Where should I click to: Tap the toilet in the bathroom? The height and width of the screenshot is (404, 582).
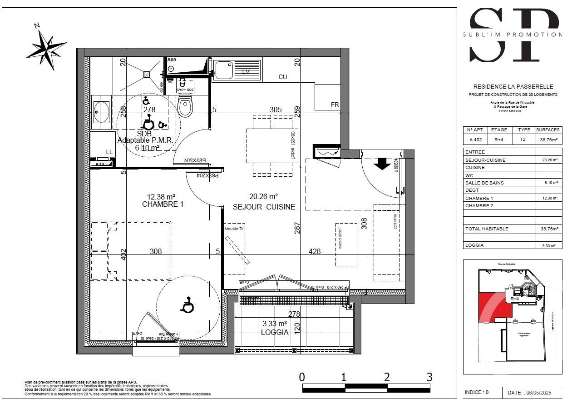point(186,107)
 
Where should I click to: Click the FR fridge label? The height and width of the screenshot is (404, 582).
point(335,105)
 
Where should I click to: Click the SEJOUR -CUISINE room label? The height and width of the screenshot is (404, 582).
point(264,207)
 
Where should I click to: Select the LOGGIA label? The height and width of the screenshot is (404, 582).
point(275,332)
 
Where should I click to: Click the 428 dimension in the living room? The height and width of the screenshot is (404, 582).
point(315,251)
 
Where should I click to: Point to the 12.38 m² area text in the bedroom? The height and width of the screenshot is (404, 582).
point(161,197)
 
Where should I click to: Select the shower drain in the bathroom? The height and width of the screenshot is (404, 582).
point(147,74)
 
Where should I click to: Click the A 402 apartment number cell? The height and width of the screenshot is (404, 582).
point(475,140)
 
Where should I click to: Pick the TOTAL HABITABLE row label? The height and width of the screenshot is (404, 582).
point(487,229)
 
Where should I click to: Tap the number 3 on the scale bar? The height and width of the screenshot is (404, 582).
point(429,377)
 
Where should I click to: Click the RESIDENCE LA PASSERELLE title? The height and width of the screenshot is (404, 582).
point(513,86)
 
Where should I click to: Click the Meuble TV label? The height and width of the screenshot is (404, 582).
point(234,229)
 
